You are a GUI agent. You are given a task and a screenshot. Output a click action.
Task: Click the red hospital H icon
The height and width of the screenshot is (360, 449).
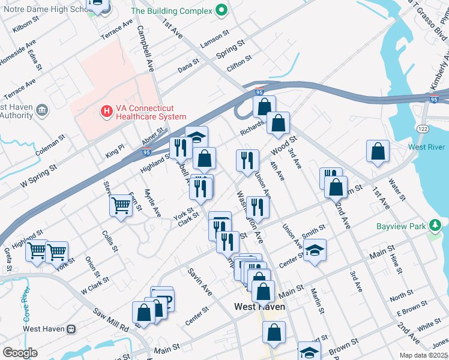106,111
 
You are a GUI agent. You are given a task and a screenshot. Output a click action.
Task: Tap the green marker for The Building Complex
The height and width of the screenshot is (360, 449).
221,10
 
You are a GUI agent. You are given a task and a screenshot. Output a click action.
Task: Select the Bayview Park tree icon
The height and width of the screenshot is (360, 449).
435,226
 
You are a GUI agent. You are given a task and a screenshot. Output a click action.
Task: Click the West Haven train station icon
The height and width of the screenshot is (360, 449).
71,329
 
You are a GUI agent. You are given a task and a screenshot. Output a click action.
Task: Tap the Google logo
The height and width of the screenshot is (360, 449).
20,352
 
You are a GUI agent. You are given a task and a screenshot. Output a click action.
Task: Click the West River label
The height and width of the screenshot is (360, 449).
427,148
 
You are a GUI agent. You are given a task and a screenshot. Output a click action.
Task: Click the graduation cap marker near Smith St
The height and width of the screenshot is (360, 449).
315,251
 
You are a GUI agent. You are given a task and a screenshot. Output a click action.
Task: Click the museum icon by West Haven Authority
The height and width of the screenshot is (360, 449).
41,110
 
